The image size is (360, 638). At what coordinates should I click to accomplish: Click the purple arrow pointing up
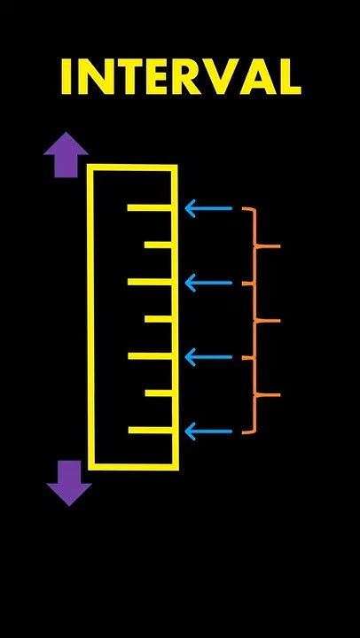click(x=66, y=154)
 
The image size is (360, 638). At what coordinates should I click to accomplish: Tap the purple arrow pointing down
click(x=69, y=483)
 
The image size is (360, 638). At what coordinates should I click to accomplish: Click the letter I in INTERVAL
click(x=67, y=77)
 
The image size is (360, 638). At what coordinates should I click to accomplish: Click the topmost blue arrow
click(x=208, y=208)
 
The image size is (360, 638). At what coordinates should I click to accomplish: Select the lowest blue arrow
click(x=208, y=432)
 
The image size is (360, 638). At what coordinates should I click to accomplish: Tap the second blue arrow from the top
click(x=208, y=283)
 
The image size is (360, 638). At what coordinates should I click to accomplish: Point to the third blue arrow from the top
click(x=208, y=357)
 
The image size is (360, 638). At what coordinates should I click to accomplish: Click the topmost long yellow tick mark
click(x=150, y=208)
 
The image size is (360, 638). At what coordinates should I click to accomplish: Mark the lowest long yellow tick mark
click(x=150, y=430)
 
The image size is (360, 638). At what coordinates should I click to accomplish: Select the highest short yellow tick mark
click(x=158, y=245)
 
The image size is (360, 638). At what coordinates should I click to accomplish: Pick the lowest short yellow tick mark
click(x=159, y=393)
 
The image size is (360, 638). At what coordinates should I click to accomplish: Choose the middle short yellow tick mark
click(x=159, y=319)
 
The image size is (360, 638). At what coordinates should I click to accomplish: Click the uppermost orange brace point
click(x=269, y=246)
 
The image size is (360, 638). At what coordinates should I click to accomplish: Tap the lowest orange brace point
click(x=269, y=394)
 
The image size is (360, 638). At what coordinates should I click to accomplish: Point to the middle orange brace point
click(x=269, y=321)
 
